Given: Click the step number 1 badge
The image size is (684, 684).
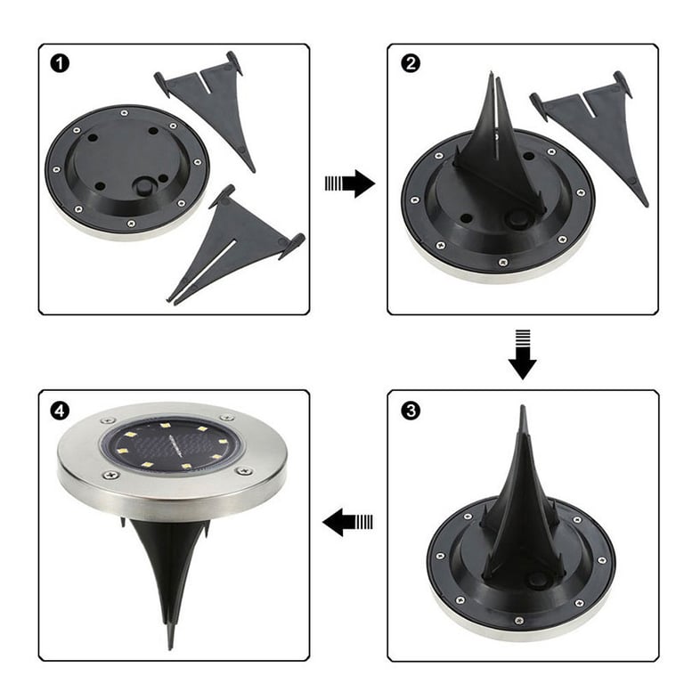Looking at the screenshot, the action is coord(60,64).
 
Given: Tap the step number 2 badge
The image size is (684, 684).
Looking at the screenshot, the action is coord(410,64).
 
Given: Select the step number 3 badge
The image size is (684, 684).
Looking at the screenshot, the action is coord(410,411).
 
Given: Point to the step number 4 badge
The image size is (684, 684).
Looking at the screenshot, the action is coord(60,411).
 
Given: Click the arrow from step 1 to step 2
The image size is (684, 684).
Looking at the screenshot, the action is coord(350,183).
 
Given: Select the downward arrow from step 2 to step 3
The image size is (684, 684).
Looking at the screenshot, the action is coord(522,354).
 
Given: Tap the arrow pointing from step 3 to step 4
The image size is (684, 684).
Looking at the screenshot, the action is coord(347,522).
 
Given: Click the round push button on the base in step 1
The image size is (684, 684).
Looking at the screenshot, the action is coord(144,186).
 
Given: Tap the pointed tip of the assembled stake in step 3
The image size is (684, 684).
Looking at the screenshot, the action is coord(522,406).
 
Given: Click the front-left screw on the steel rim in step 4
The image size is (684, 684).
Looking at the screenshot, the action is coord(110,474).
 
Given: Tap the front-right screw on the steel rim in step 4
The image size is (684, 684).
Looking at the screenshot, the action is coord(243,471).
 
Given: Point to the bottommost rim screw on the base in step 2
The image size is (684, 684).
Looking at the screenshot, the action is coord(503,263).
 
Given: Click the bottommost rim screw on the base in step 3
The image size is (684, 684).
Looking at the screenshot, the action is coord(518,620).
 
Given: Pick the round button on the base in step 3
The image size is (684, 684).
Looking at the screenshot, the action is coord(534,581).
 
